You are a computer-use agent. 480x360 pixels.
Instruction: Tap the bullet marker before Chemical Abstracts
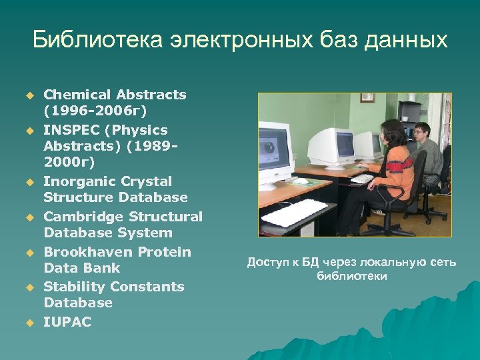click(29, 96)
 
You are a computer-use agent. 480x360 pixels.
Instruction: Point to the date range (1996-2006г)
click(95, 111)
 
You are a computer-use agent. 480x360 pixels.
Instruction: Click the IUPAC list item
click(67, 321)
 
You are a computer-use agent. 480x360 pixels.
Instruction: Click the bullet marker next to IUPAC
click(29, 323)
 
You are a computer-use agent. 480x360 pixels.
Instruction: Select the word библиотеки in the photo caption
click(351, 276)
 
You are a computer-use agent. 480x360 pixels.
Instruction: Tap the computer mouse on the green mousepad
click(301, 180)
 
